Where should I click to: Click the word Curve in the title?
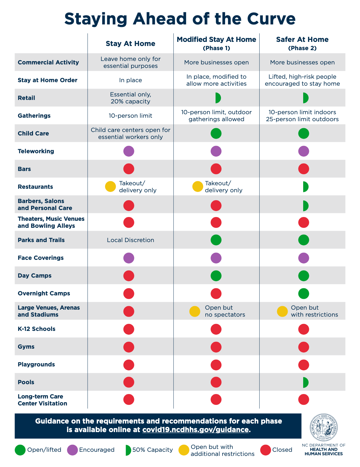pyautogui.click(x=271, y=19)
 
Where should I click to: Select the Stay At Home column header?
pyautogui.click(x=130, y=44)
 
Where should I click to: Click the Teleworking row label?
pyautogui.click(x=36, y=151)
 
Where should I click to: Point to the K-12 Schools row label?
pyautogui.click(x=37, y=329)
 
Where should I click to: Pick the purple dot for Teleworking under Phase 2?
pyautogui.click(x=303, y=151)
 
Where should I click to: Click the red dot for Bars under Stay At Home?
pyautogui.click(x=129, y=169)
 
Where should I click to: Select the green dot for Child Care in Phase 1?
pyautogui.click(x=216, y=134)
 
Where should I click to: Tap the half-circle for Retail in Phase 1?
pyautogui.click(x=217, y=98)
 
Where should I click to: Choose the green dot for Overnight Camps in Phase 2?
pyautogui.click(x=303, y=293)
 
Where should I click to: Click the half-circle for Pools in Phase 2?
pyautogui.click(x=305, y=382)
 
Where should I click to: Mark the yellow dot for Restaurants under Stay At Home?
pyautogui.click(x=110, y=187)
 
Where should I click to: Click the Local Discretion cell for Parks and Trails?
pyautogui.click(x=130, y=240)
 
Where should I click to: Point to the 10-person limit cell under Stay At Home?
pyautogui.click(x=130, y=116)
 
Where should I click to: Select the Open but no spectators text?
pyautogui.click(x=225, y=311)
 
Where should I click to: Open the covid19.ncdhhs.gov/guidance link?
pyautogui.click(x=195, y=430)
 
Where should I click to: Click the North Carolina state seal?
pyautogui.click(x=324, y=428)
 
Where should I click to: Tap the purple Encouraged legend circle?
pyautogui.click(x=73, y=450)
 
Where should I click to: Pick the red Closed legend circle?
pyautogui.click(x=265, y=450)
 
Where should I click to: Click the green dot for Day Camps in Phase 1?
pyautogui.click(x=216, y=276)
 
